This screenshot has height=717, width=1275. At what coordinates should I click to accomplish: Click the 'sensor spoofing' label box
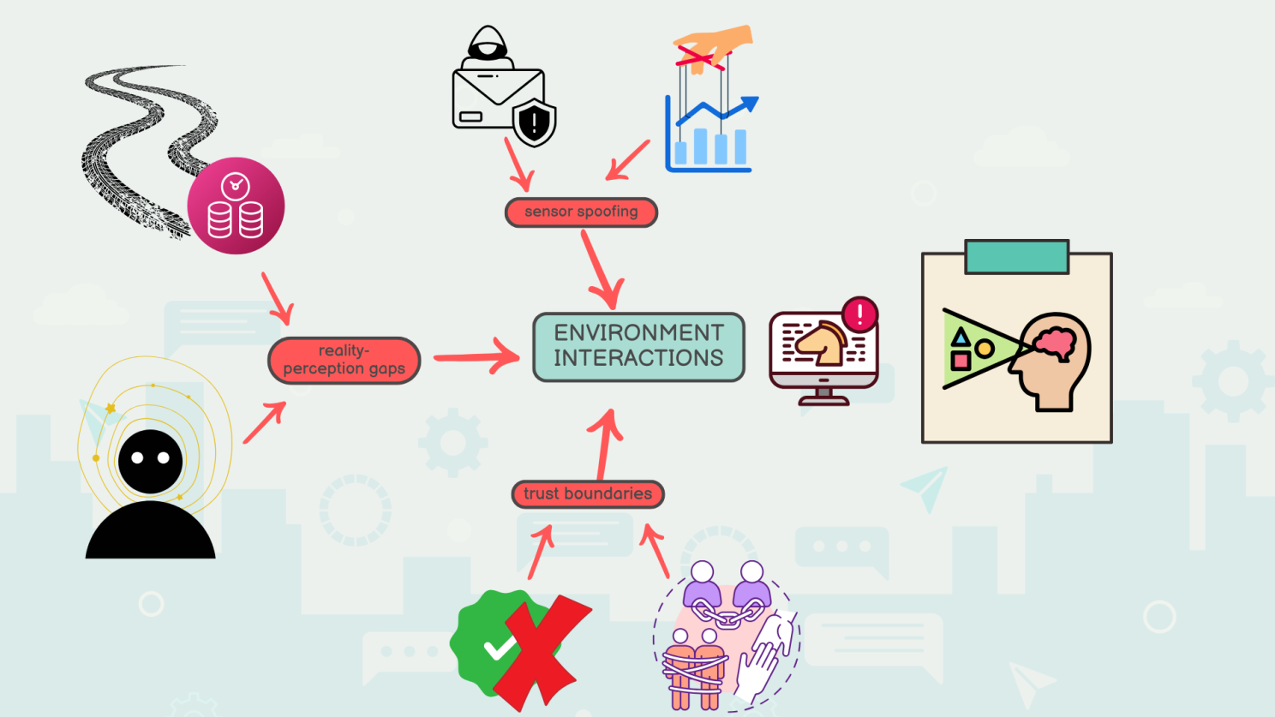(581, 212)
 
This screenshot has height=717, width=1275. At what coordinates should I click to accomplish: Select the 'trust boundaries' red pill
(588, 493)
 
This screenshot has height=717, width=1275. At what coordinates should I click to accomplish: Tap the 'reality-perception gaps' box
(344, 360)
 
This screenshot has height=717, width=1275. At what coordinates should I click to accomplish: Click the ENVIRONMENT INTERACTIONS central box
(638, 346)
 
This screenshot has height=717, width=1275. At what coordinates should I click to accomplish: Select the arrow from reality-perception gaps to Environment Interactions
(476, 356)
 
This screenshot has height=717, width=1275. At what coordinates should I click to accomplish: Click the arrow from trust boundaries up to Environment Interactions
(606, 445)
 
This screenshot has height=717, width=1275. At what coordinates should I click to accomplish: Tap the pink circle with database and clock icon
(236, 206)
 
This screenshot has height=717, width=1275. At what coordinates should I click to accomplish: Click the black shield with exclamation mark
(535, 122)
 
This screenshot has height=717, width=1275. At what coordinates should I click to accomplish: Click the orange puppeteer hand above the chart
(715, 45)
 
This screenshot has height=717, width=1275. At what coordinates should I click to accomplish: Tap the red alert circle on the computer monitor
(859, 314)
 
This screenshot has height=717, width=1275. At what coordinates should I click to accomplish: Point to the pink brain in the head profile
(1056, 341)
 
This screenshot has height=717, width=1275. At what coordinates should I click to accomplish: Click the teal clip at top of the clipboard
(1016, 256)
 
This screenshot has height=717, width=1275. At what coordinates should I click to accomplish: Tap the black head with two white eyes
(150, 461)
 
